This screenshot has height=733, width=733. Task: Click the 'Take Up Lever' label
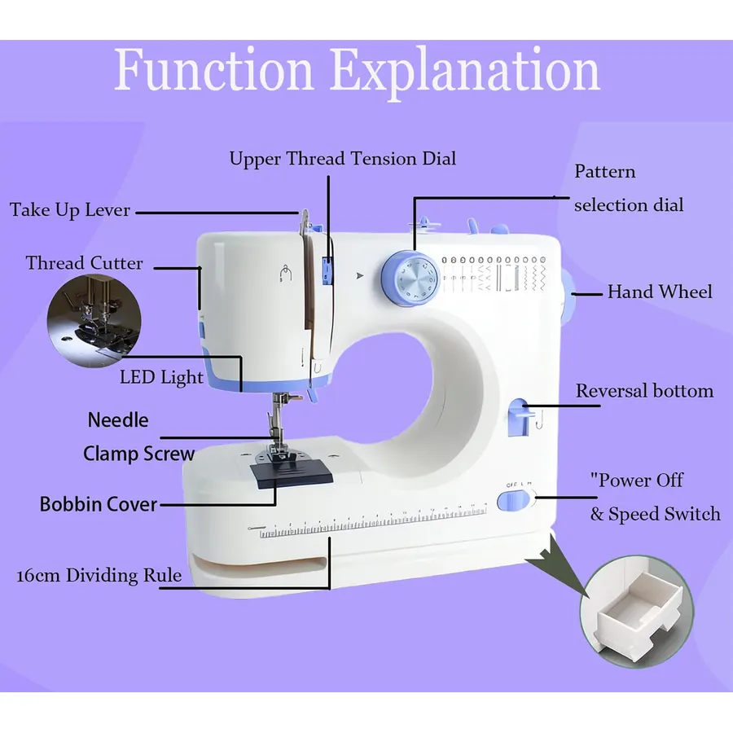(70, 210)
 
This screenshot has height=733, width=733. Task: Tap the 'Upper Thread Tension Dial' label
(343, 159)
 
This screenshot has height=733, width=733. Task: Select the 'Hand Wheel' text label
(660, 292)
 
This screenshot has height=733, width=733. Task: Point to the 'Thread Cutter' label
(84, 263)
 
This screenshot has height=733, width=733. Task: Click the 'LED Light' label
(161, 377)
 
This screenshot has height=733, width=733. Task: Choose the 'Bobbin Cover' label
(99, 504)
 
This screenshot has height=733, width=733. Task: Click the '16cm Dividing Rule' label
(99, 575)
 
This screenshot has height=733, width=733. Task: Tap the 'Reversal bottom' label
(645, 391)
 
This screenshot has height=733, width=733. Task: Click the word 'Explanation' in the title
(466, 71)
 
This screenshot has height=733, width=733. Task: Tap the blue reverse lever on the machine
(520, 417)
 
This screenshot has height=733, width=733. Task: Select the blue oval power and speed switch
(513, 501)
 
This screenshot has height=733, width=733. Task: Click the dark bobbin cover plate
(292, 473)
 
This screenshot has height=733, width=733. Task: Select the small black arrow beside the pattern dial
(359, 276)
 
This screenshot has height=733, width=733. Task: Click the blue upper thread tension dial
(327, 270)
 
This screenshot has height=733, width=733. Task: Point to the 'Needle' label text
(118, 419)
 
